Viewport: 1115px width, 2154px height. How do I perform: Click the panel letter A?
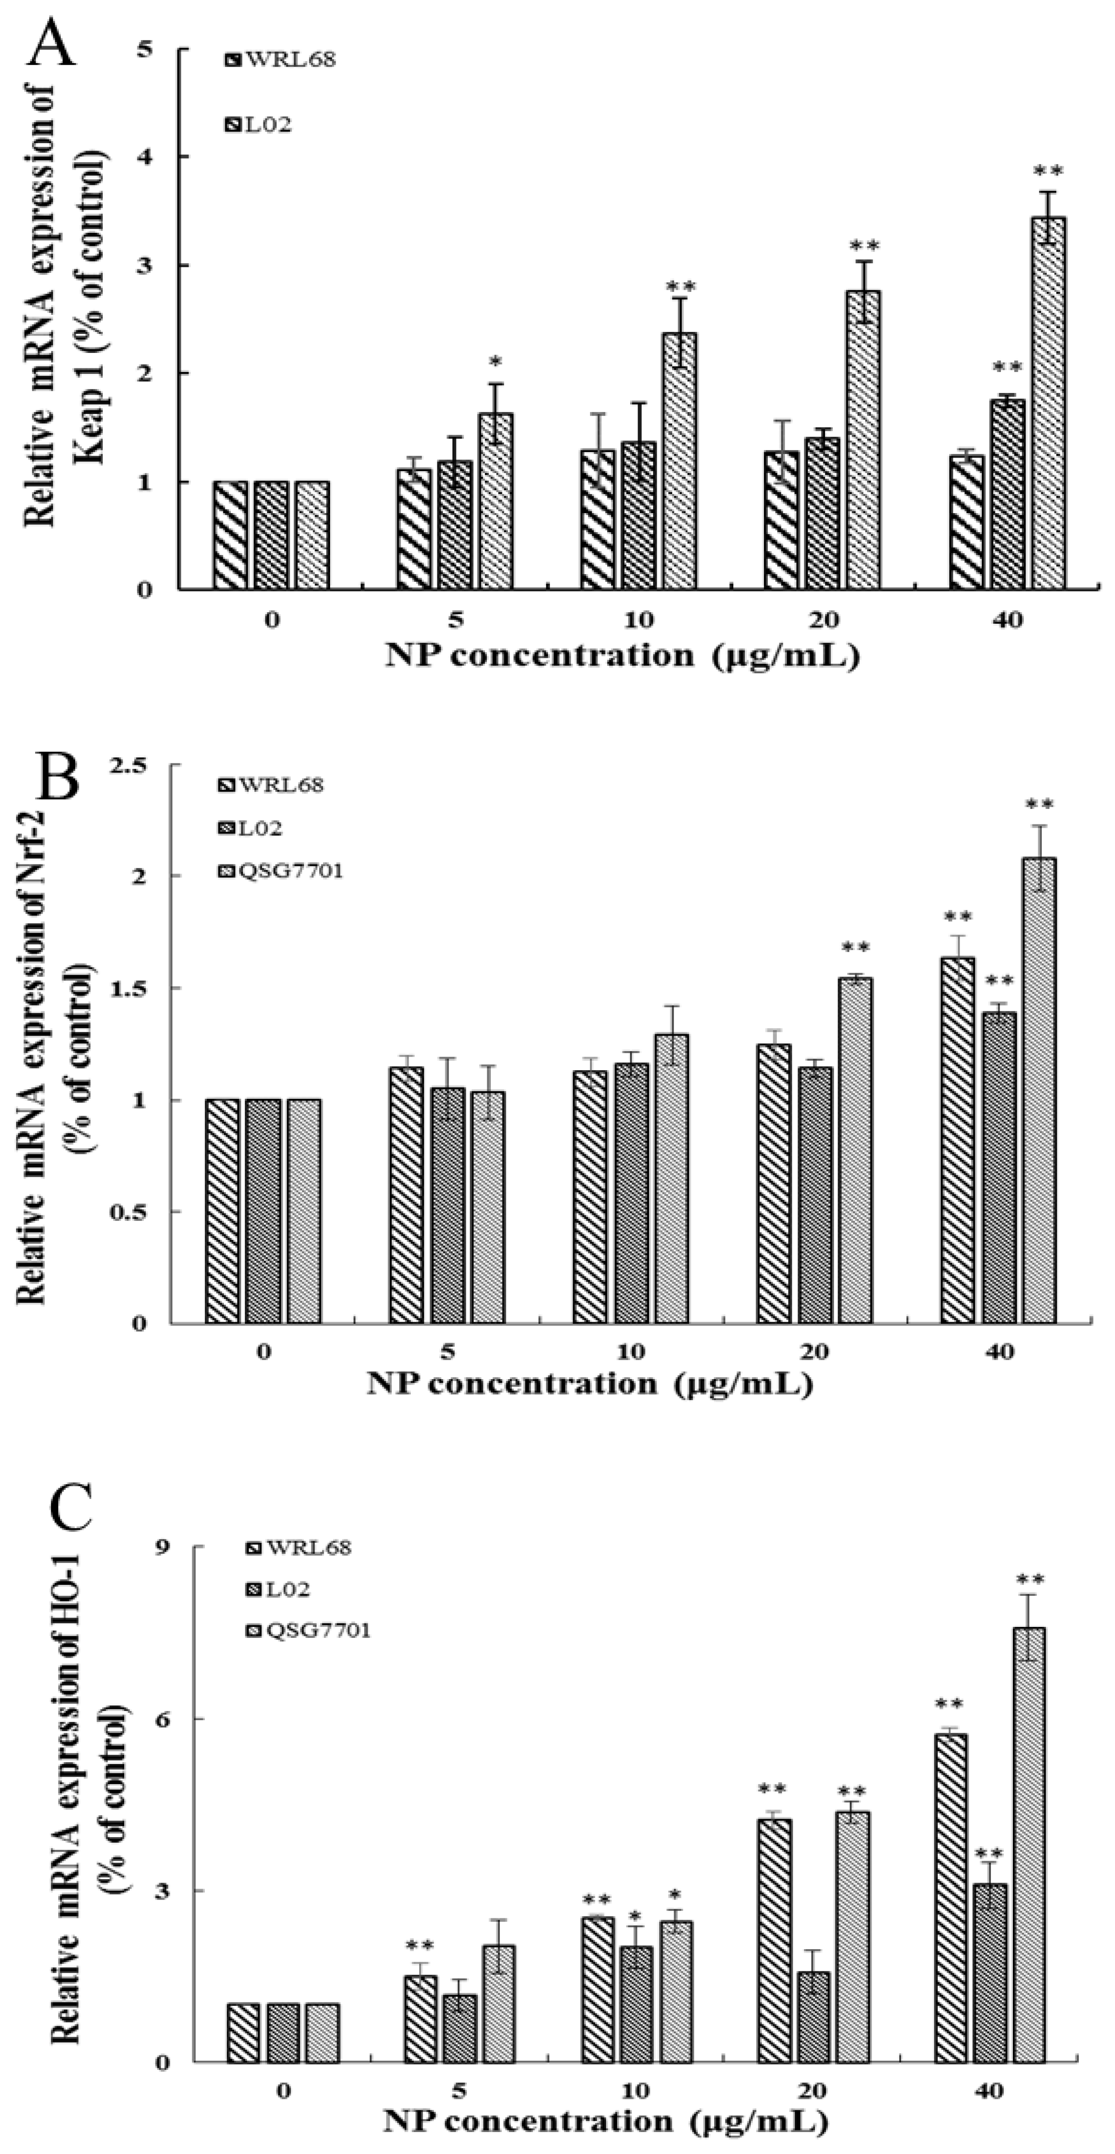pyautogui.click(x=52, y=44)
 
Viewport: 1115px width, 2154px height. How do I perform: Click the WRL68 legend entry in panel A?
pyautogui.click(x=280, y=60)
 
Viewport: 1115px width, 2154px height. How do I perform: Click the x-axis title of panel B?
pyautogui.click(x=590, y=1384)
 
